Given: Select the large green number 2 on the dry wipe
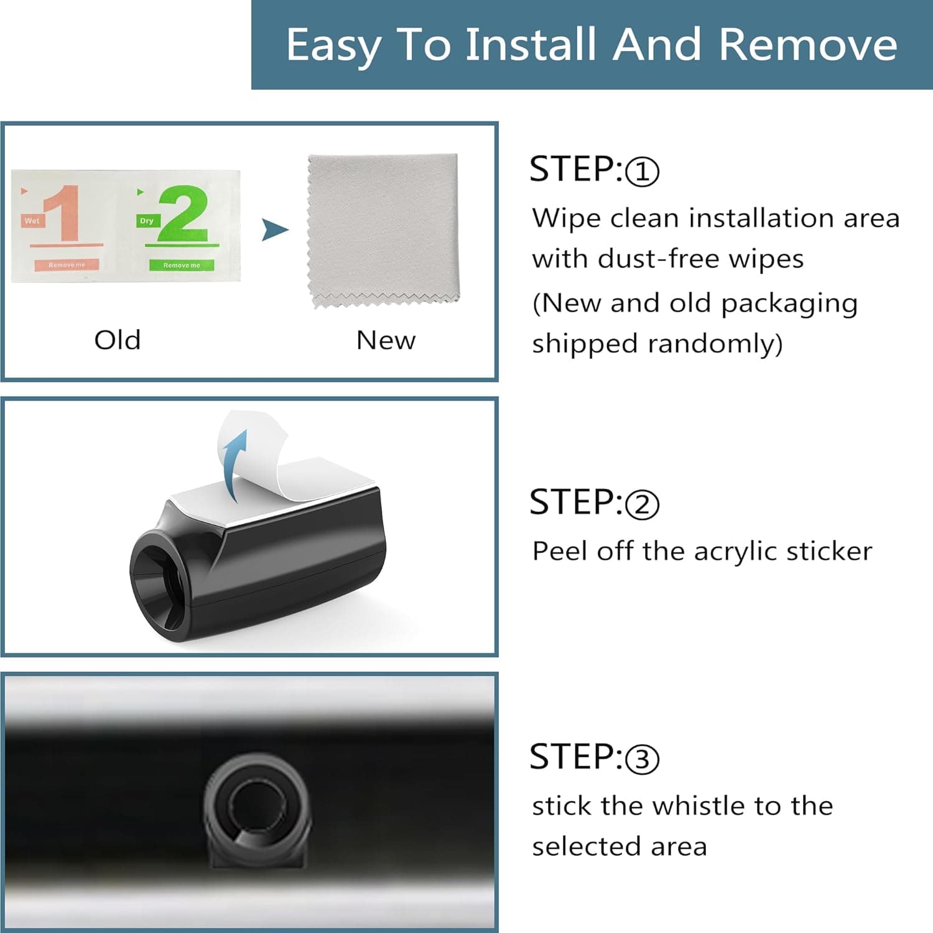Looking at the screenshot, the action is (182, 213).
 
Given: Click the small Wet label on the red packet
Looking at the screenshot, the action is (32, 221).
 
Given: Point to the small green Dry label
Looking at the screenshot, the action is (147, 221).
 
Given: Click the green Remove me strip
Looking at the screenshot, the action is (182, 265).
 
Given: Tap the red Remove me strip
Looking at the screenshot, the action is (67, 265).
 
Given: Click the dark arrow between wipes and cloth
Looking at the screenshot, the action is (274, 230).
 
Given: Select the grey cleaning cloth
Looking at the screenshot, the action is (383, 231).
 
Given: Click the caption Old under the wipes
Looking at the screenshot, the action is (118, 340).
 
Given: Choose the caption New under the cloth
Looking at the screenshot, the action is (386, 340).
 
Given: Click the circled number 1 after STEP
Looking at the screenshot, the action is (642, 172).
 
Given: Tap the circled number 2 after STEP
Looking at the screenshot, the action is (642, 504).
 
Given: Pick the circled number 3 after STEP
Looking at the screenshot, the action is (642, 759).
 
